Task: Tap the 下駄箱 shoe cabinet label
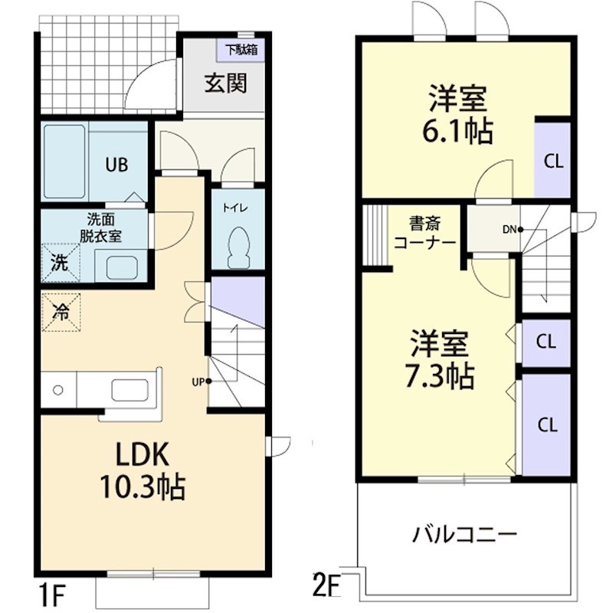pyautogui.click(x=241, y=51)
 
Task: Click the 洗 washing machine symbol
pyautogui.click(x=59, y=262)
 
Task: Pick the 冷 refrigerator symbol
pyautogui.click(x=60, y=312)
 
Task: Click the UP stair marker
pyautogui.click(x=201, y=381)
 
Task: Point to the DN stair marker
pyautogui.click(x=512, y=228)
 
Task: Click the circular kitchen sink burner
pyautogui.click(x=57, y=390)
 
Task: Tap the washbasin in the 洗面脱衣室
pyautogui.click(x=120, y=267)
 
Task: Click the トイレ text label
pyautogui.click(x=232, y=208)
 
